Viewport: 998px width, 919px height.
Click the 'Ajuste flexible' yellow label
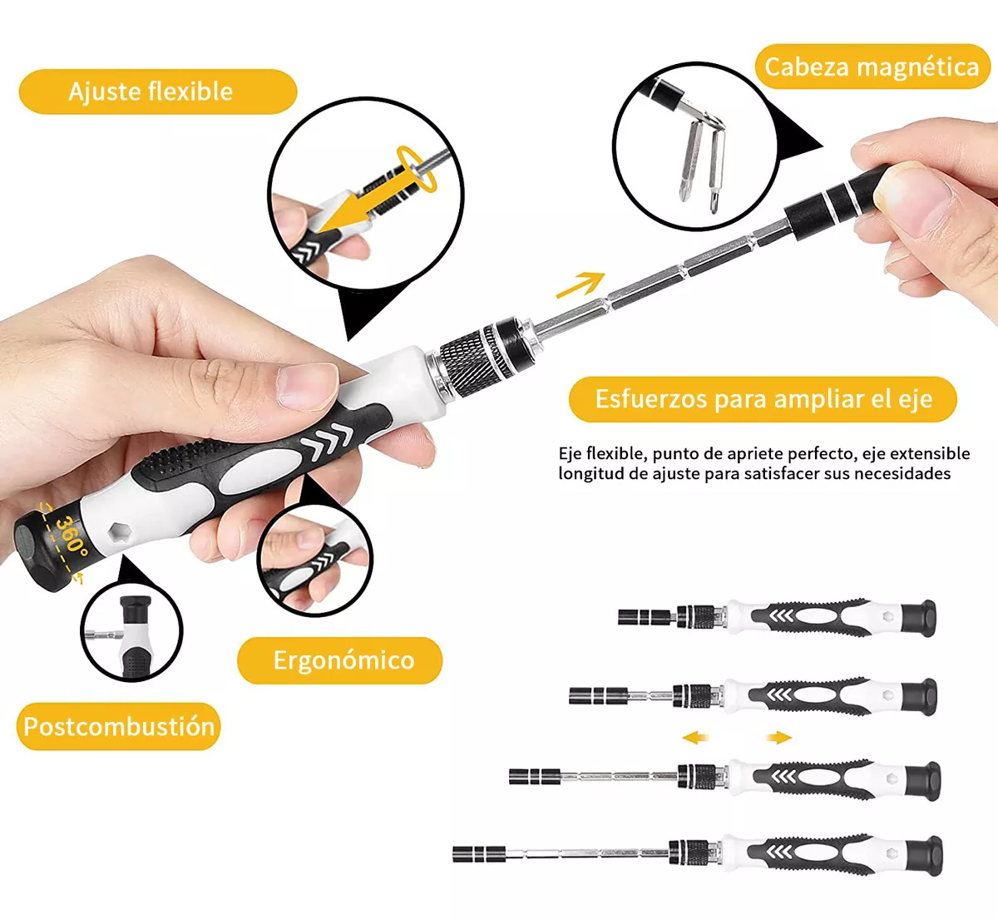click(158, 91)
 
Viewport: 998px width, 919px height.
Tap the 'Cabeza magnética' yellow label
click(872, 67)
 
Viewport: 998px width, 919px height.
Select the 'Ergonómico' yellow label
click(340, 660)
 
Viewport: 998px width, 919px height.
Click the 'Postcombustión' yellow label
click(118, 726)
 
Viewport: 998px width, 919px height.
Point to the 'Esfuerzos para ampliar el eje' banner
click(763, 399)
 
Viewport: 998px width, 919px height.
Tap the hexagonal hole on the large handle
click(118, 532)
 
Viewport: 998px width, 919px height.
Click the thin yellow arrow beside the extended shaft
click(580, 285)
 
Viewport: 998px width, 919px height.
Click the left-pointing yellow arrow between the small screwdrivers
click(696, 737)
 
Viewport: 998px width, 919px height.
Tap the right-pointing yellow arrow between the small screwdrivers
click(778, 737)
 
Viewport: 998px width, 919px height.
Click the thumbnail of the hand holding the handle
click(314, 561)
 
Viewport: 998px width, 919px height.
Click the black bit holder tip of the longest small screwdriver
click(478, 853)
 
